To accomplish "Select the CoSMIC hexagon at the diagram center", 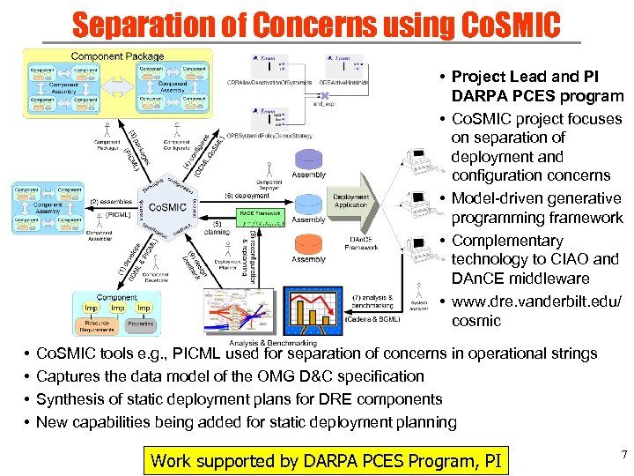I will click(166, 207).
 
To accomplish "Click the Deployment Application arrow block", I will click(352, 201).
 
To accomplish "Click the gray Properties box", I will click(139, 324).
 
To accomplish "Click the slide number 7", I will click(623, 455).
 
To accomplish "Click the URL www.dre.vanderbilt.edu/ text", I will click(536, 302).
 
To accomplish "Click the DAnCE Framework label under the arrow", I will click(361, 244).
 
